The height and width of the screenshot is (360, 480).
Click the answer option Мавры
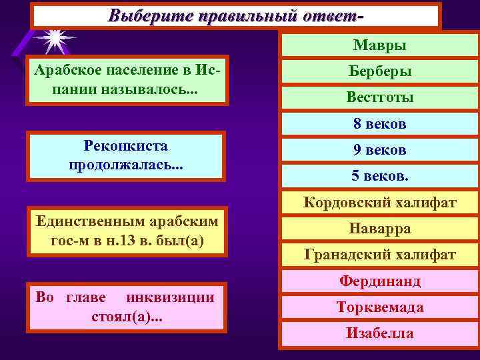click(380, 45)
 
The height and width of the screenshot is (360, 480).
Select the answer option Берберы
click(380, 71)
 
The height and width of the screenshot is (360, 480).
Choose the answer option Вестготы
click(380, 97)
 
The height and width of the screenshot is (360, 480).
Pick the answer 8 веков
click(380, 124)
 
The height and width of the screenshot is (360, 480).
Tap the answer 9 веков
click(380, 150)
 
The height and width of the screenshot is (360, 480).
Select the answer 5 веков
click(380, 177)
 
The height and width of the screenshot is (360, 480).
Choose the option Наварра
click(380, 229)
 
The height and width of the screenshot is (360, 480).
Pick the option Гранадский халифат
click(380, 255)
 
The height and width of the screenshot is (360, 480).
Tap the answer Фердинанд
click(380, 281)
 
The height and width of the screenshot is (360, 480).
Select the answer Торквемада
click(380, 307)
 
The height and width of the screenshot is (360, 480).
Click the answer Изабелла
click(380, 333)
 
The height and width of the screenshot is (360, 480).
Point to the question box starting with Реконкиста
click(125, 155)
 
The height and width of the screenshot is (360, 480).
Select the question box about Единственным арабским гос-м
click(127, 231)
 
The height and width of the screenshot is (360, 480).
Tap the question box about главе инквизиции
click(127, 307)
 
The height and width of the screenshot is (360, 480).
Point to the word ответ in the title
click(333, 15)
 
